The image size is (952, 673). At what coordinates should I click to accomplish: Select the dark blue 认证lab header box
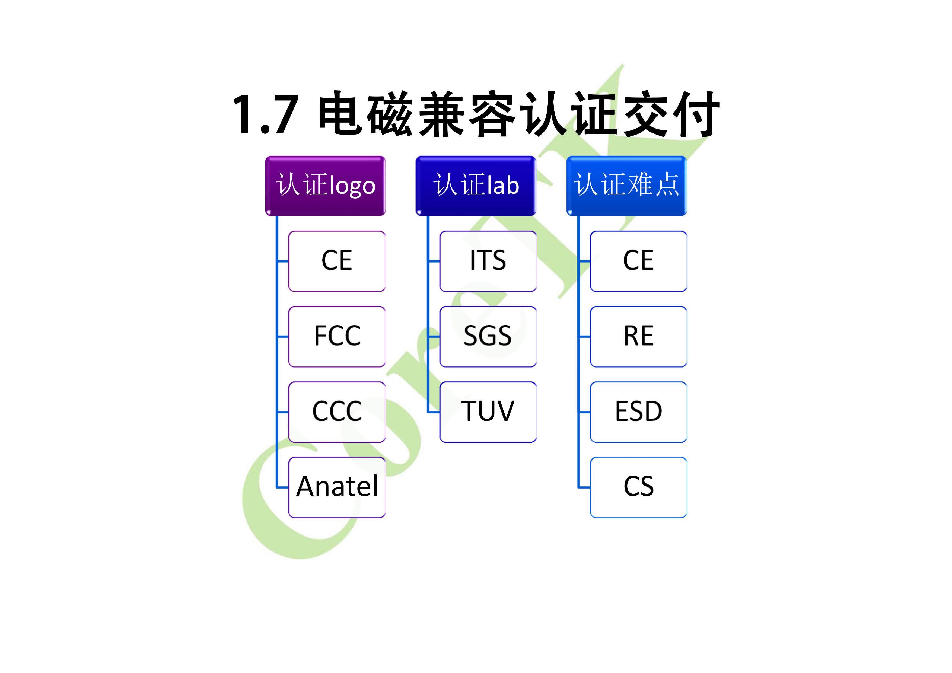point(476,186)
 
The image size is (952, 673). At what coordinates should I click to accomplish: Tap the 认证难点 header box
point(626,186)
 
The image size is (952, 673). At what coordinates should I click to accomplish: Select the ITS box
point(488,261)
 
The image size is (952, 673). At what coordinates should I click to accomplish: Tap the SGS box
point(488,337)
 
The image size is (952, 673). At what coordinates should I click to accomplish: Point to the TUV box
point(488,412)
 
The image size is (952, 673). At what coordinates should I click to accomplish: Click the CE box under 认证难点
point(639,261)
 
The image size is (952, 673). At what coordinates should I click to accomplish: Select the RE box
point(639,337)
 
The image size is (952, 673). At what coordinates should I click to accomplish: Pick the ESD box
point(639,412)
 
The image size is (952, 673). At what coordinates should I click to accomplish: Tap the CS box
point(639,487)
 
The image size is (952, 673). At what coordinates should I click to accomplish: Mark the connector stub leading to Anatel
point(283,487)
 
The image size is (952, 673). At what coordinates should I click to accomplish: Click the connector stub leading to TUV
point(434,412)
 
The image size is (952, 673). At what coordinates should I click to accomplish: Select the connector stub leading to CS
point(584,487)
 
